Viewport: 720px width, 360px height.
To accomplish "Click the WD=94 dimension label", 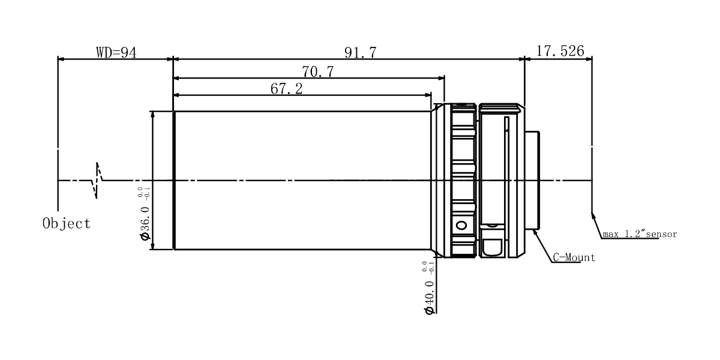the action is pos(116,52).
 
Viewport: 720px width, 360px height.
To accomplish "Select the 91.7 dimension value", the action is pos(361,52).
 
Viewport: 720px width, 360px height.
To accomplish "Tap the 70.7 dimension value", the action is pos(318,71).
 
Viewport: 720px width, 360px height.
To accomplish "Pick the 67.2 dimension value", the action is pos(286,89).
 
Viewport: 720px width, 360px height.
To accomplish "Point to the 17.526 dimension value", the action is pos(560,51).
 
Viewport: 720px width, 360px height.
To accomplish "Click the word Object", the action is pos(67,223).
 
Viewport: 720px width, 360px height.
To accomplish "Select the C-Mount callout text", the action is pos(574,257).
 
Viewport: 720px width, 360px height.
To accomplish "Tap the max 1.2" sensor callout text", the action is pos(640,233).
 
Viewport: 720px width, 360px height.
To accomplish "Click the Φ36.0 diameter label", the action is pos(145,223).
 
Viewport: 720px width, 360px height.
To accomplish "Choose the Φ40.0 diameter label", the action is pos(429,298).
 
